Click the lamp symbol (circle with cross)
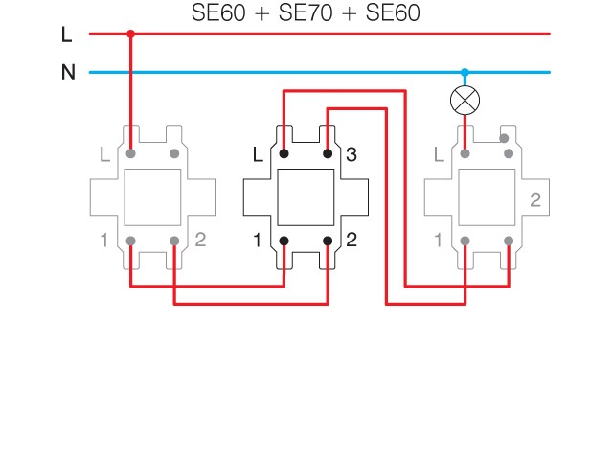tap(465, 99)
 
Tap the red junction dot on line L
tap(130, 34)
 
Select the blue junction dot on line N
tap(465, 72)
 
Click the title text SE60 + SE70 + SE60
tap(306, 13)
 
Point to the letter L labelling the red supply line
tap(66, 34)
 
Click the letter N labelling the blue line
tap(67, 73)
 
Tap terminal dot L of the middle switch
tap(284, 153)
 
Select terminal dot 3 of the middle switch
tap(328, 153)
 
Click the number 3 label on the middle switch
tap(351, 153)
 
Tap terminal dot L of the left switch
tap(130, 153)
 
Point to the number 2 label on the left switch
tap(199, 240)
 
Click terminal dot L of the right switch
tap(465, 153)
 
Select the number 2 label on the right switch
tap(534, 199)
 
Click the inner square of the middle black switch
tap(306, 196)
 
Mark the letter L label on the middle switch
tap(258, 153)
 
